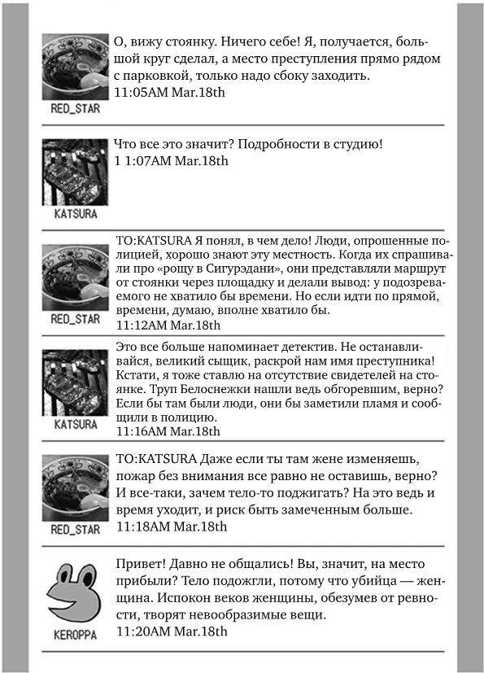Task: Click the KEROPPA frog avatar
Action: pos(75,592)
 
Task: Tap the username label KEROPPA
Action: pos(75,635)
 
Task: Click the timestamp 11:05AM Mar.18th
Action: pos(170,92)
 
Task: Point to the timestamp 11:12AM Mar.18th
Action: pos(168,325)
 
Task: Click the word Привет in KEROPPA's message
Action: pos(142,564)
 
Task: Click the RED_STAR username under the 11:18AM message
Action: pos(75,530)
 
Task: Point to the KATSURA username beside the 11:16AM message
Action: pos(75,424)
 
